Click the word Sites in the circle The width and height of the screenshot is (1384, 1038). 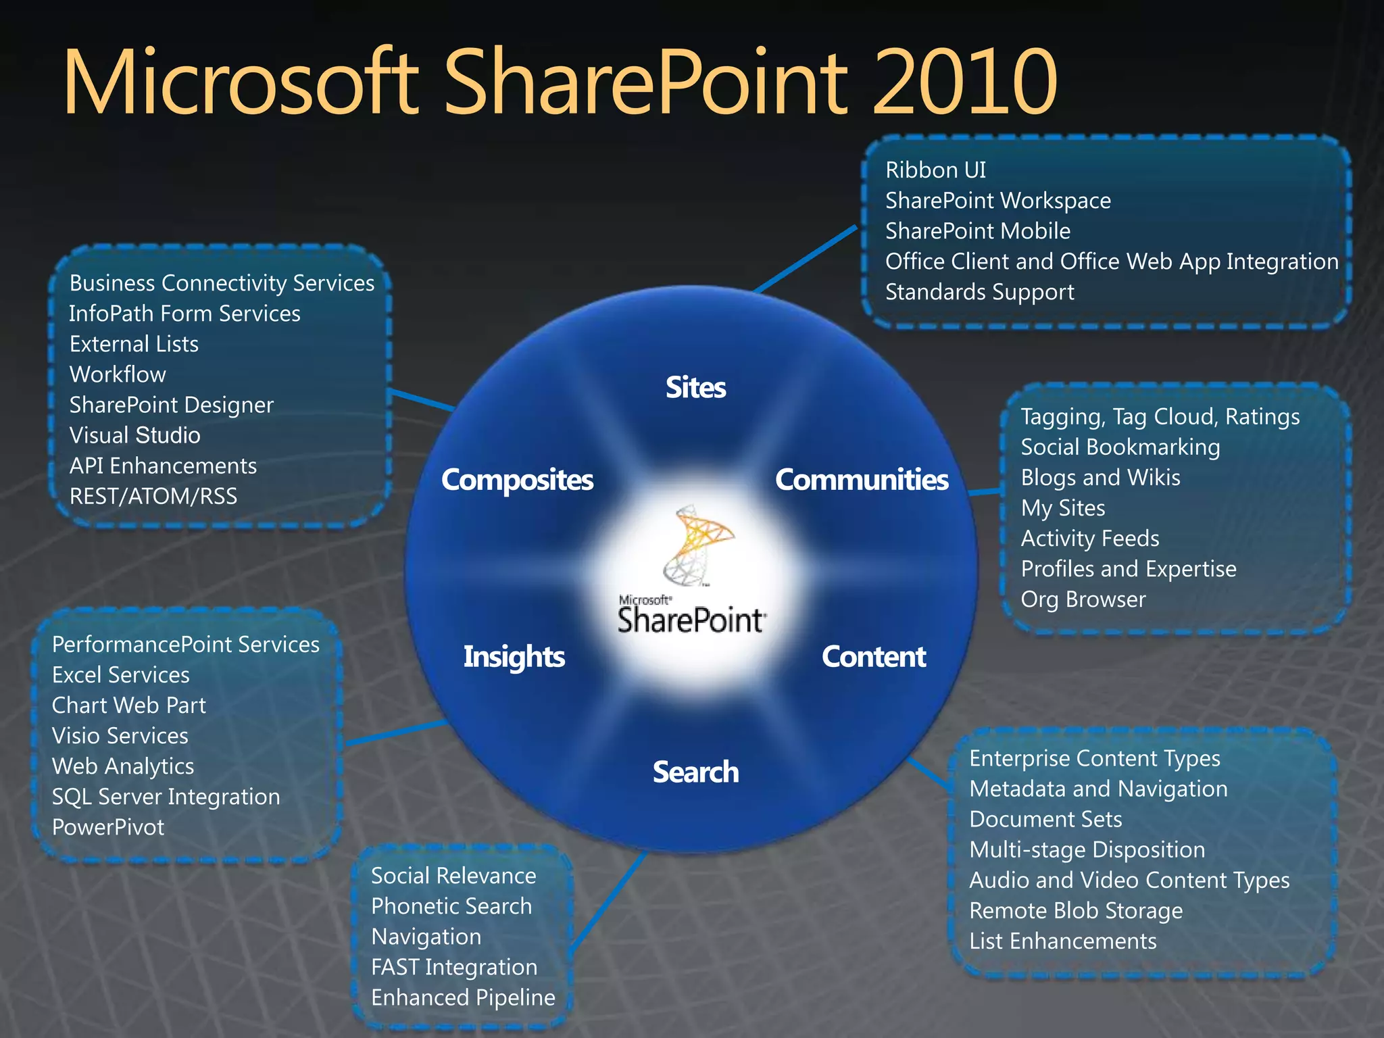pyautogui.click(x=695, y=388)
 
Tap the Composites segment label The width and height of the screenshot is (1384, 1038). pyautogui.click(x=517, y=480)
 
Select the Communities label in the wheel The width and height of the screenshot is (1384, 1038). pyautogui.click(x=862, y=480)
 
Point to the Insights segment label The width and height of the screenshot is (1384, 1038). pyautogui.click(x=514, y=657)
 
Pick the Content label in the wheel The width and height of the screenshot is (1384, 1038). pyautogui.click(x=874, y=657)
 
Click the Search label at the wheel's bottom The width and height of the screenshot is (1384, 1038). pyautogui.click(x=695, y=772)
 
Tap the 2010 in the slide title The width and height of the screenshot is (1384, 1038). pyautogui.click(x=964, y=82)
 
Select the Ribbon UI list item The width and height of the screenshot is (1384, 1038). pyautogui.click(x=935, y=170)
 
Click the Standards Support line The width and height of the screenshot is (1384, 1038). pyautogui.click(x=979, y=292)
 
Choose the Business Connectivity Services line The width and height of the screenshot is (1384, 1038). pyautogui.click(x=222, y=283)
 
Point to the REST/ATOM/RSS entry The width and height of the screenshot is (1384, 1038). pyautogui.click(x=153, y=497)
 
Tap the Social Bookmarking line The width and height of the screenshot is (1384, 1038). pyautogui.click(x=1120, y=447)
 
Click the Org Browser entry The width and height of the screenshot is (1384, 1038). pyautogui.click(x=1083, y=599)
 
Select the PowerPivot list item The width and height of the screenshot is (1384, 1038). pyautogui.click(x=108, y=827)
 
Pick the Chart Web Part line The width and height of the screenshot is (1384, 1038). pyautogui.click(x=128, y=706)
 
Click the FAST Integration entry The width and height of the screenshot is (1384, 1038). pyautogui.click(x=454, y=967)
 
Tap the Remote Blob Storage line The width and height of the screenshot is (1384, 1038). pyautogui.click(x=1076, y=911)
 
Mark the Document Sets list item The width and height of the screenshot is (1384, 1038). pyautogui.click(x=1045, y=820)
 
